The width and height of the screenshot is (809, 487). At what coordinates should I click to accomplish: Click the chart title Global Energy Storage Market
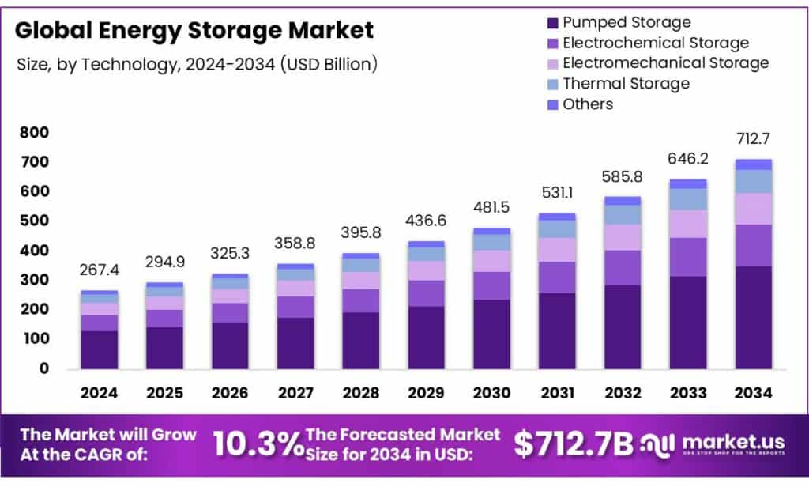point(194,31)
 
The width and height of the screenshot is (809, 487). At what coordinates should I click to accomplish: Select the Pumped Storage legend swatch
point(550,23)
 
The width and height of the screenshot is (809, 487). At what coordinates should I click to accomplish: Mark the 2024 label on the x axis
point(99,393)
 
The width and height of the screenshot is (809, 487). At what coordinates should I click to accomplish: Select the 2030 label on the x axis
point(491,393)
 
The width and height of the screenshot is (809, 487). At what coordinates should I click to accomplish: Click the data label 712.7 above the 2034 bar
point(754,140)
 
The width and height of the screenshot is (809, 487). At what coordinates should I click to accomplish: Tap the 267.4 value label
point(99,271)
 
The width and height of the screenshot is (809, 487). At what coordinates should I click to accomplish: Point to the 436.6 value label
point(426,222)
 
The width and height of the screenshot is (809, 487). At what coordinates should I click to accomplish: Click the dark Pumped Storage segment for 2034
point(754,317)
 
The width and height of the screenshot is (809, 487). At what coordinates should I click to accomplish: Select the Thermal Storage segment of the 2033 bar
point(688,199)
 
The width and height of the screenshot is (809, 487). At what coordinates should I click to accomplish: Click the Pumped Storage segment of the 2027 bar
point(295,342)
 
